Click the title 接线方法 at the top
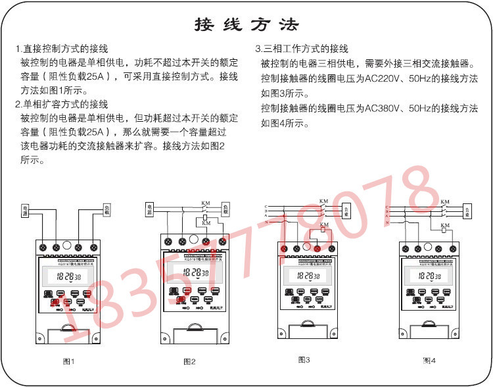(246, 24)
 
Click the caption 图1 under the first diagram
(68, 362)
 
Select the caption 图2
(189, 362)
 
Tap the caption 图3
(304, 360)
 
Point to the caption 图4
(429, 361)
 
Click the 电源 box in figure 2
(149, 209)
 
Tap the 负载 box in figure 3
(346, 210)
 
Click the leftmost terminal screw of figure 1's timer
(43, 247)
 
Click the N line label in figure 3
(266, 223)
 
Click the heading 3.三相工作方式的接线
(302, 49)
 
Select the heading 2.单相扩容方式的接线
(62, 104)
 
